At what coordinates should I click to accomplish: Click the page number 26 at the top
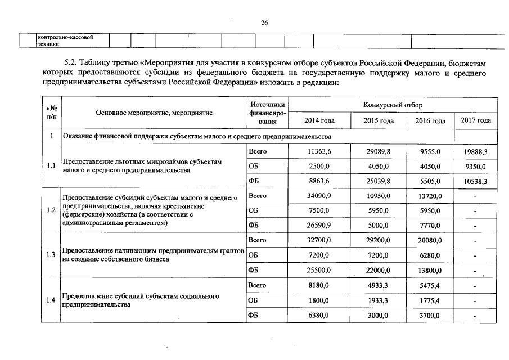coord(264,22)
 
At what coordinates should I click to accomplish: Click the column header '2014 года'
coord(319,121)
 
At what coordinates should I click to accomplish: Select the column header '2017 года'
coord(476,120)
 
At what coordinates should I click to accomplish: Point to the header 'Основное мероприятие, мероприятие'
coord(154,112)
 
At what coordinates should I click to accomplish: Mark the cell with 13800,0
coord(429,270)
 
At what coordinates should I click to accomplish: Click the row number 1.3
coord(51,255)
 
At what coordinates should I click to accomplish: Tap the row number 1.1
coord(51,166)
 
